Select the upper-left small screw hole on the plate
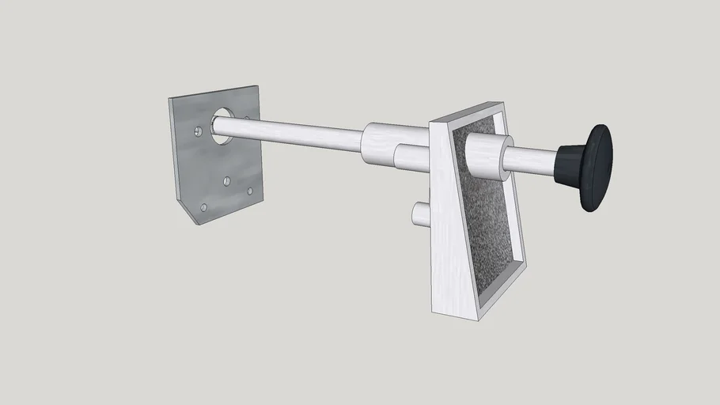[197, 131]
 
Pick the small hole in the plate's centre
[226, 181]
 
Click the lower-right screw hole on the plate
[250, 191]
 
